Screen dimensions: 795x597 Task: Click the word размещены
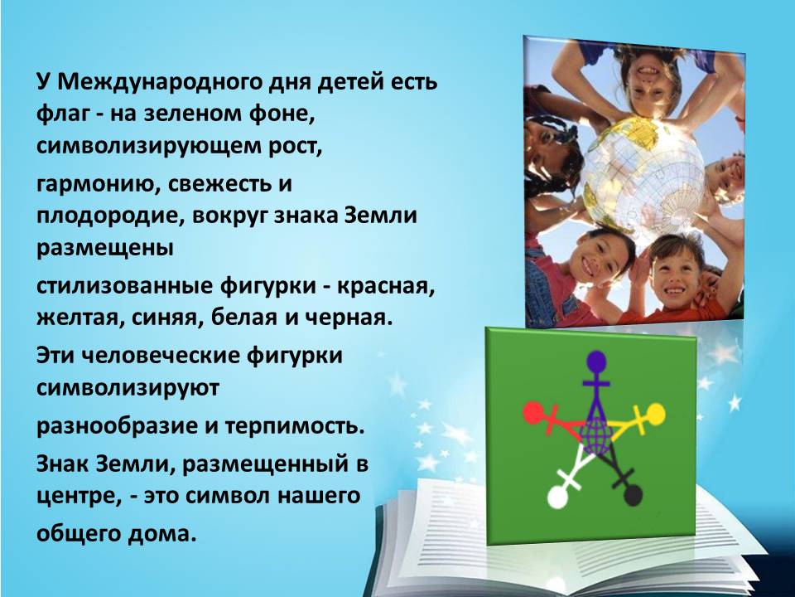tap(104, 250)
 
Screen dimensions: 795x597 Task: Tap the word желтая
tap(80, 319)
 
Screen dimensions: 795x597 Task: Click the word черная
tap(349, 319)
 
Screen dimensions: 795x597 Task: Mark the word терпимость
tap(295, 426)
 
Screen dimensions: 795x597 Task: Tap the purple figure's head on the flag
tap(597, 362)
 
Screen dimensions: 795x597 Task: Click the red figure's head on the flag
tap(532, 413)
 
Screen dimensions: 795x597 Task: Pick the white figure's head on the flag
tap(558, 497)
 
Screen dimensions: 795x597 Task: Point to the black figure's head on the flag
tap(632, 495)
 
